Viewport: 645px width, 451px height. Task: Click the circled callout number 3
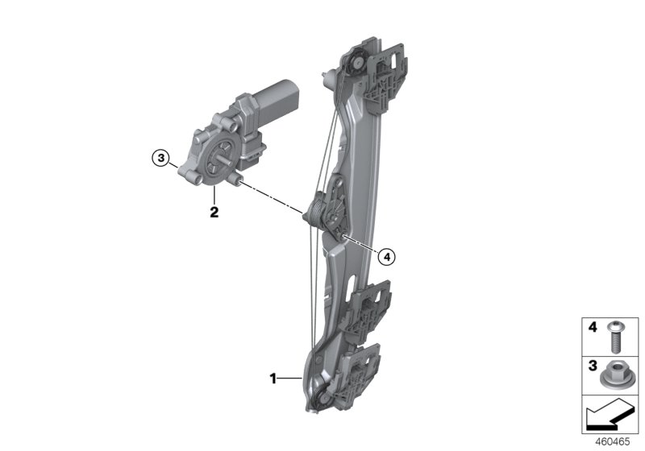coord(161,159)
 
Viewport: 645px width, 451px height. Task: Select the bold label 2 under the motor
coord(214,213)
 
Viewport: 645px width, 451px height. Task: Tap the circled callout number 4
coord(386,257)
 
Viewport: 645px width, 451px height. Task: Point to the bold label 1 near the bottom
coord(274,377)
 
